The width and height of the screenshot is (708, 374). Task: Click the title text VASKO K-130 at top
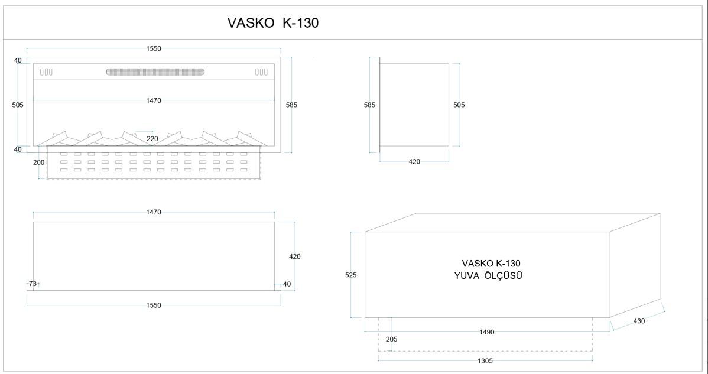pyautogui.click(x=273, y=23)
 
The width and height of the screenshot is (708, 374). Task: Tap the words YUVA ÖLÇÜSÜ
pyautogui.click(x=488, y=276)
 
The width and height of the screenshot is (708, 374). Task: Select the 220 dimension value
pyautogui.click(x=152, y=139)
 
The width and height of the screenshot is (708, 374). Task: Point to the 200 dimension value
pyautogui.click(x=39, y=162)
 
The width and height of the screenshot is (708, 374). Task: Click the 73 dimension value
pyautogui.click(x=33, y=284)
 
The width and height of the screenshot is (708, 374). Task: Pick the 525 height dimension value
pyautogui.click(x=351, y=275)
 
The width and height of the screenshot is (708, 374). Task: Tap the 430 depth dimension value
pyautogui.click(x=639, y=321)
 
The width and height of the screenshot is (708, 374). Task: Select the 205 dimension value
pyautogui.click(x=392, y=339)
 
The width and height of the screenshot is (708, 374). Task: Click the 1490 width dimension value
pyautogui.click(x=487, y=332)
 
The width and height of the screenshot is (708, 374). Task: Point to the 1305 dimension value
pyautogui.click(x=485, y=361)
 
